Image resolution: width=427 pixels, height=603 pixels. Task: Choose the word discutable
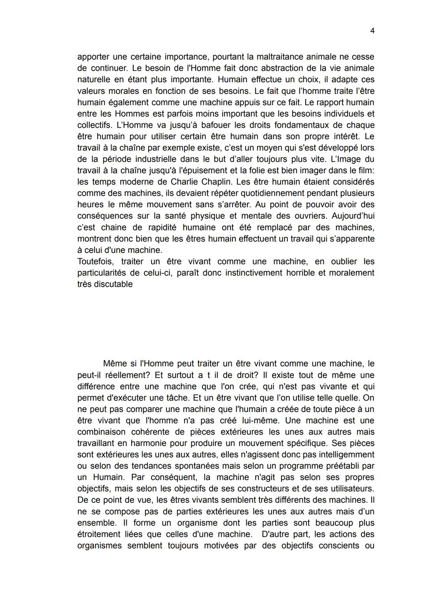113,284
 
